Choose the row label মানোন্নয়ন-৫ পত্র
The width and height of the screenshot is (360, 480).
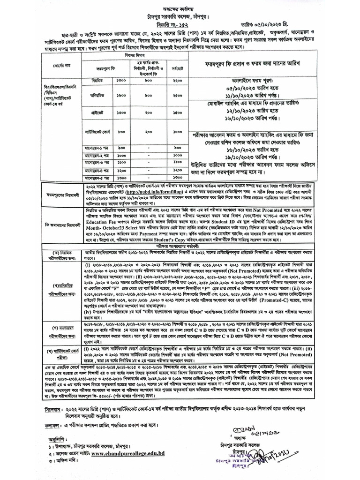[97, 178]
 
